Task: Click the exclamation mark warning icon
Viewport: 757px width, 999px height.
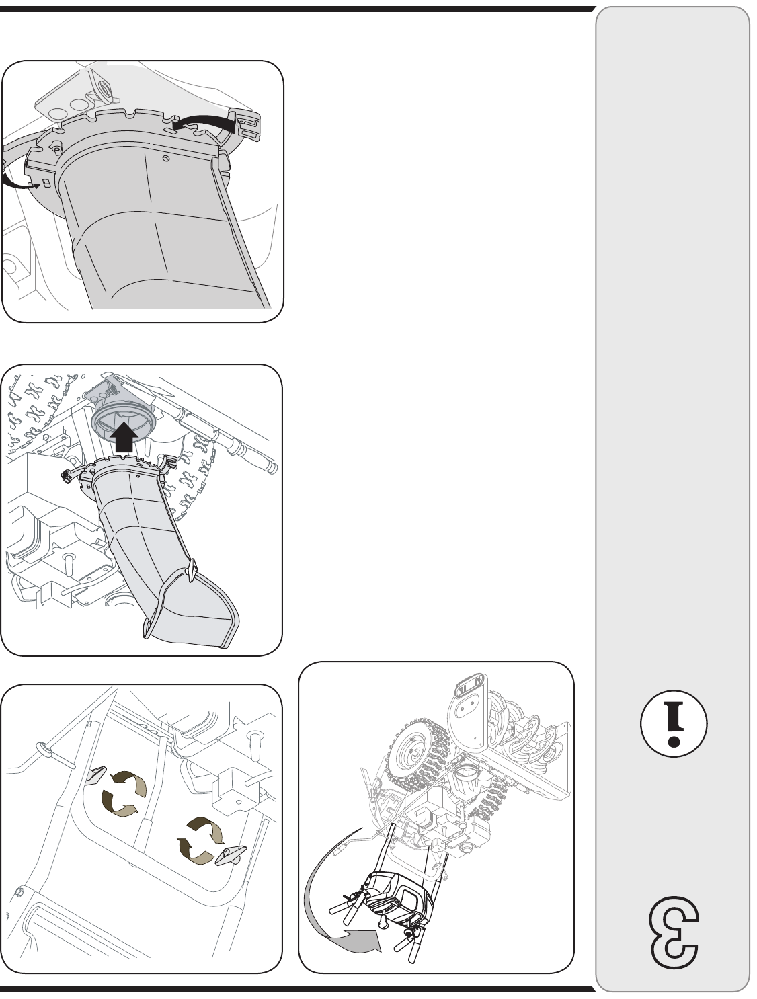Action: point(673,723)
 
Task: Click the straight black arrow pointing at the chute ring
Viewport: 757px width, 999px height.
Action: point(124,436)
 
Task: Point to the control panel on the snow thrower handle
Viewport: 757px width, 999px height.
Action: point(399,893)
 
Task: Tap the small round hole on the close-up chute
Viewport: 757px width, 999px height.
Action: point(166,158)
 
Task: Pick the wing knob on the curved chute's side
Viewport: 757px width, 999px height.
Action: point(192,569)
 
